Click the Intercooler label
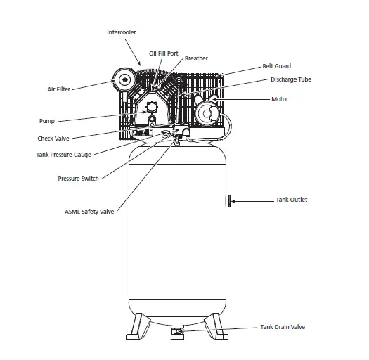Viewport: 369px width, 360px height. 122,32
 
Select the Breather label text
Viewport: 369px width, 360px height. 196,58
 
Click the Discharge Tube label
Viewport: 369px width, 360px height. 291,79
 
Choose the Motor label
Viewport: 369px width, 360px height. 280,99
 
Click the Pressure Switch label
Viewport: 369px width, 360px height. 78,179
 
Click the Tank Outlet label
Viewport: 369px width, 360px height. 291,200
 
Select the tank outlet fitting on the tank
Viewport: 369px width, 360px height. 228,201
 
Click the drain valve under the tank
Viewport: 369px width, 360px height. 177,330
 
